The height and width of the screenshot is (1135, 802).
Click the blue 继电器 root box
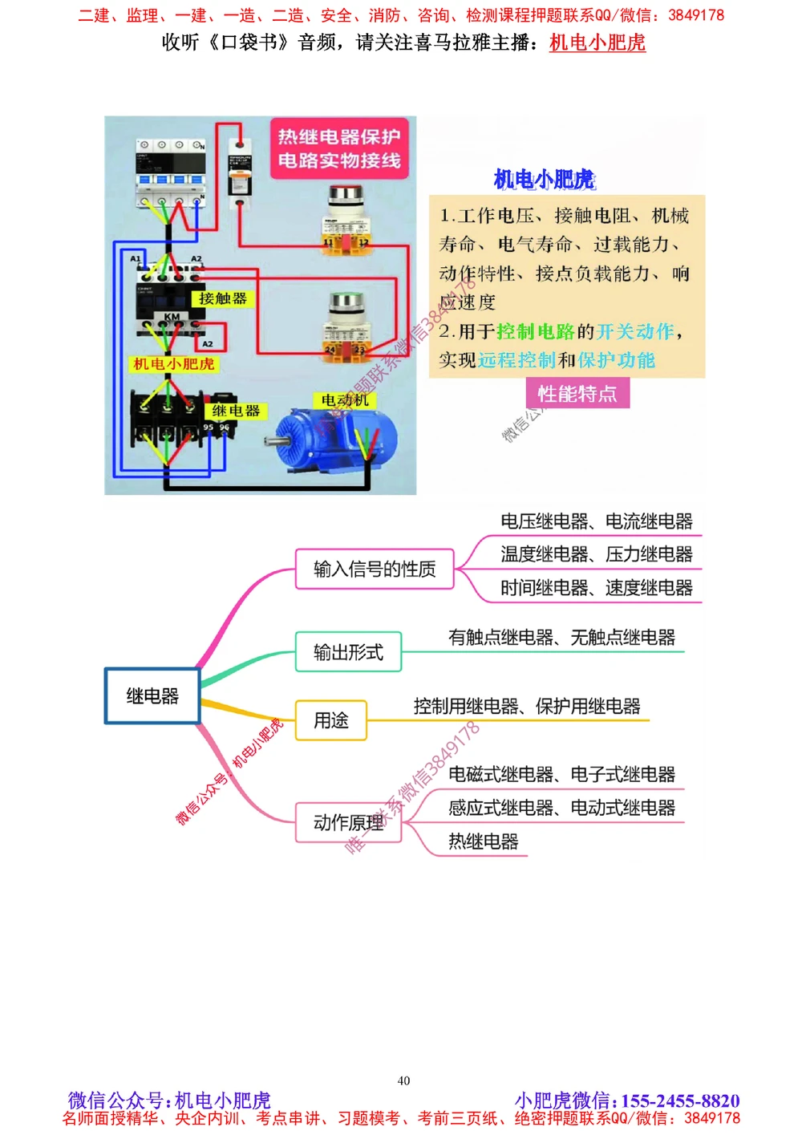tap(152, 696)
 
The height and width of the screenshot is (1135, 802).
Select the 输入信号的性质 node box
tap(375, 569)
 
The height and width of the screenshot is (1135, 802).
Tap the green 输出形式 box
tap(348, 652)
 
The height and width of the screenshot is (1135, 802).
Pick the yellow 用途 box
tap(331, 720)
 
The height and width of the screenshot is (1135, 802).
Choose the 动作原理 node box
tap(348, 822)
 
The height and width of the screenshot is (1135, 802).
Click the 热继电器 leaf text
tap(483, 841)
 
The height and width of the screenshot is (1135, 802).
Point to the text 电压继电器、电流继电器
tap(596, 521)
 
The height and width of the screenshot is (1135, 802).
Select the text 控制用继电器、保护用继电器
tap(527, 707)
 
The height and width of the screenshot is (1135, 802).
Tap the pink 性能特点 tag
tap(577, 394)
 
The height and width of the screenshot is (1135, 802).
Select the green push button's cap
tap(346, 302)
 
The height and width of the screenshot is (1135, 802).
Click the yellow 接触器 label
tap(223, 299)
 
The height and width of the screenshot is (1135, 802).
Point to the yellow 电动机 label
tap(345, 399)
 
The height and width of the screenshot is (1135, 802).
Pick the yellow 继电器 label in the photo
tap(236, 411)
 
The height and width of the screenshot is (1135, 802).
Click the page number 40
tap(403, 1080)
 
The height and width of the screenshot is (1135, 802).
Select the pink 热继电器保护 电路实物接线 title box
tap(339, 148)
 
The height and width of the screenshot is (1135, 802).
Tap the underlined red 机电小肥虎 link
tap(597, 43)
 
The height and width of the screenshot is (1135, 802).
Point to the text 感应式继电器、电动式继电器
tap(561, 808)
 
